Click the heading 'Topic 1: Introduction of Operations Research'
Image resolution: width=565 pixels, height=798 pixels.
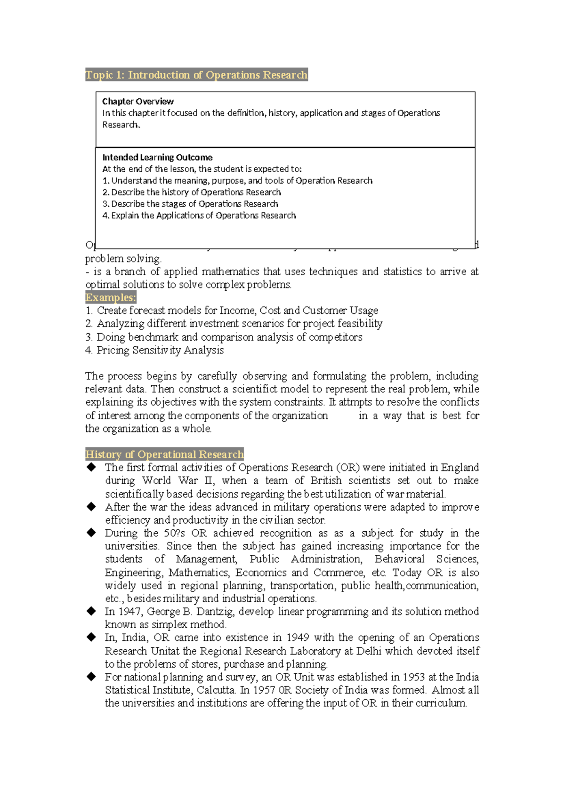coord(196,75)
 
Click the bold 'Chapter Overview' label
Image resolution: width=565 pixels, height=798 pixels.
coord(137,101)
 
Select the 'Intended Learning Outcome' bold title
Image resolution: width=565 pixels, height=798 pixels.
coord(157,157)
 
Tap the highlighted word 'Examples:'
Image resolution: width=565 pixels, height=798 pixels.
coord(111,297)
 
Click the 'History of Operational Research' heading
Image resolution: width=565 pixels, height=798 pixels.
coord(164,454)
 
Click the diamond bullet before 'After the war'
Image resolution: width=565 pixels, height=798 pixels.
coord(91,507)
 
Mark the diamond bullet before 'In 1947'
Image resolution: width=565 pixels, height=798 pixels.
coord(91,611)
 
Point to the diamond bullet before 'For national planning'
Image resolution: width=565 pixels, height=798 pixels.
coord(91,677)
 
